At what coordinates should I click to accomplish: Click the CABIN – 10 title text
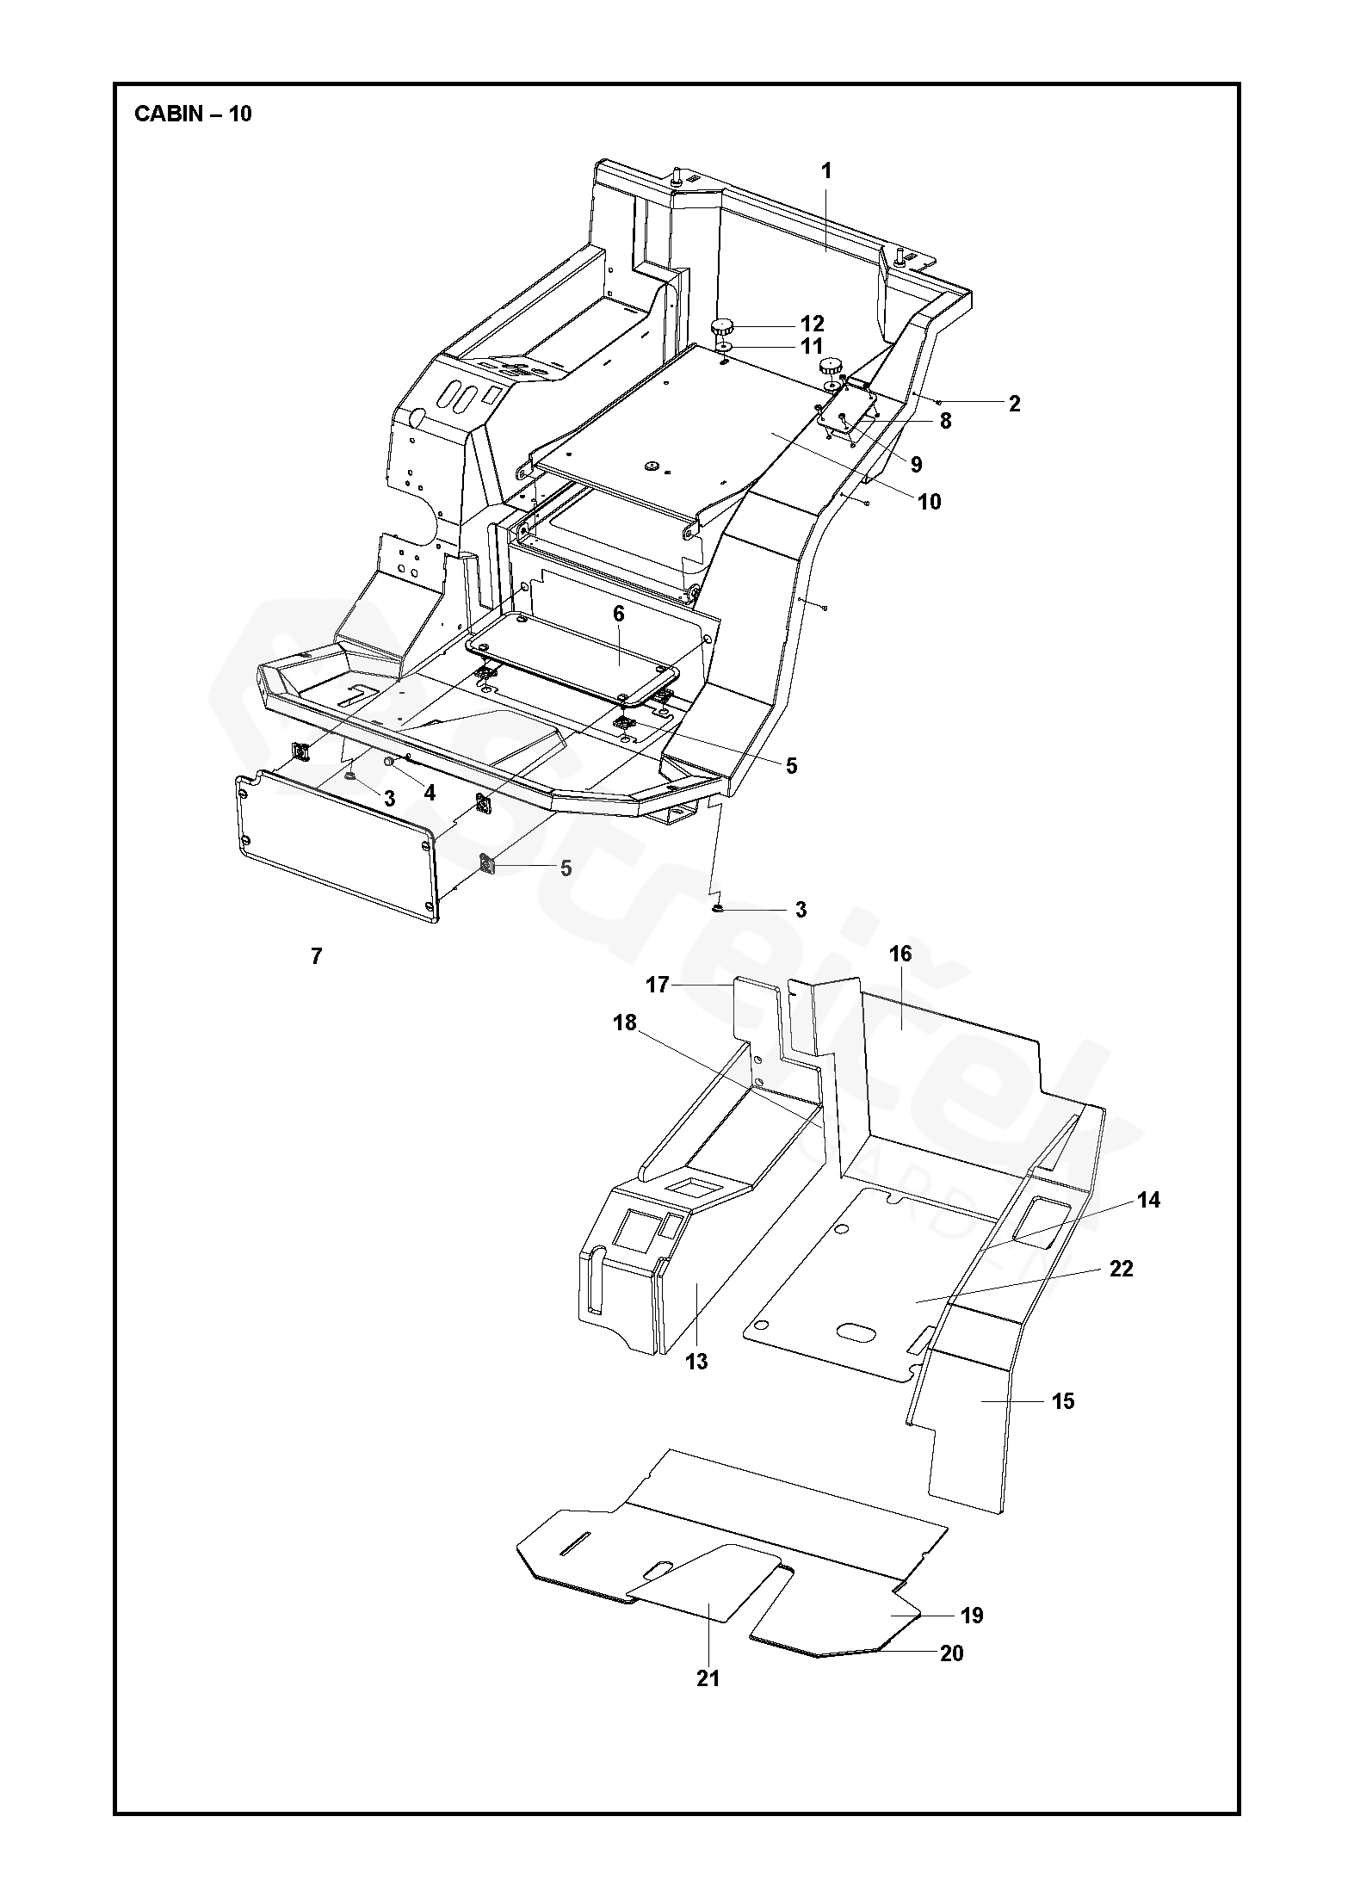(193, 114)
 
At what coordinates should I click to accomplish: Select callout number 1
(826, 171)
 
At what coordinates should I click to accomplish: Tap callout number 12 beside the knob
(812, 324)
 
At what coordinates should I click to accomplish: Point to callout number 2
(1014, 404)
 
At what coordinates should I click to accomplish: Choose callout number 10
(930, 502)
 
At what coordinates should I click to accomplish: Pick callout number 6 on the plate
(619, 614)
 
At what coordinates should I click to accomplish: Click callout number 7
(316, 955)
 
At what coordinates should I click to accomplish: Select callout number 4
(430, 793)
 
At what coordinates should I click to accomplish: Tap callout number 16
(900, 954)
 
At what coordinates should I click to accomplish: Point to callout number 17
(658, 985)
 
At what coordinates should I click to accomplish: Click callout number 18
(625, 1023)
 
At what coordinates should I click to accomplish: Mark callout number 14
(1148, 1200)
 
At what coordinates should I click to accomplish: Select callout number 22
(1122, 1269)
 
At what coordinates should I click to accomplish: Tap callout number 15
(1063, 1401)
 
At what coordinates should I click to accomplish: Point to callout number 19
(971, 1616)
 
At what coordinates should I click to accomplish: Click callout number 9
(916, 465)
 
